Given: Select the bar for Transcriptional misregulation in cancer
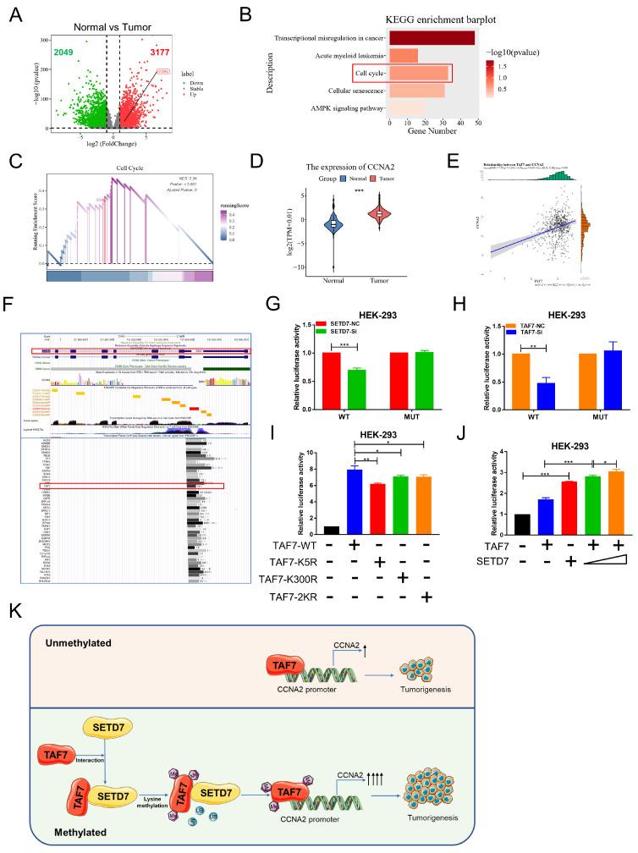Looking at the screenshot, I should tap(432, 37).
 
